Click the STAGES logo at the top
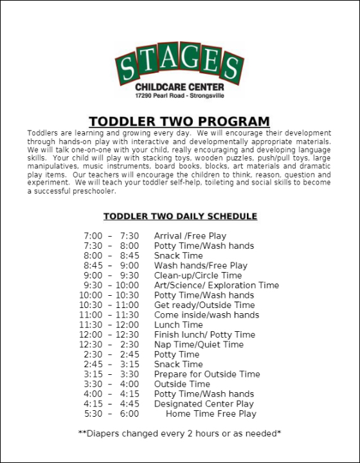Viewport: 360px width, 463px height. (x=179, y=66)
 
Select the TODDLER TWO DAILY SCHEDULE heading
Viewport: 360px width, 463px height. (x=180, y=216)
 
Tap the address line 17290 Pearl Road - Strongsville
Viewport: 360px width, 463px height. (x=180, y=95)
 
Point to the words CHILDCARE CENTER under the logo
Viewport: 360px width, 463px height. (x=179, y=87)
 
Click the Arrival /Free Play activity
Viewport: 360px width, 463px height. (x=190, y=236)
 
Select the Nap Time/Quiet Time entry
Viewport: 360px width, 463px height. (x=199, y=345)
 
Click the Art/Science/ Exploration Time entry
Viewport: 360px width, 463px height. (x=217, y=286)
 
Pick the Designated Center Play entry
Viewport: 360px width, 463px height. (x=204, y=404)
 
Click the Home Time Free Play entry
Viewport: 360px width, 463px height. (x=211, y=413)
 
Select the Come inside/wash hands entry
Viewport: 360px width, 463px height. (x=206, y=315)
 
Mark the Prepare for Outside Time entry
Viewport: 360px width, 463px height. (x=207, y=374)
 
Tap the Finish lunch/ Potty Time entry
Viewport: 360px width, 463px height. (x=204, y=334)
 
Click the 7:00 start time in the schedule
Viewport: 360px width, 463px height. (x=93, y=236)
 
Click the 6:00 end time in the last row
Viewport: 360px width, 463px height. (x=129, y=413)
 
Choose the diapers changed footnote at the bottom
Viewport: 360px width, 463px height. (x=179, y=433)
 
